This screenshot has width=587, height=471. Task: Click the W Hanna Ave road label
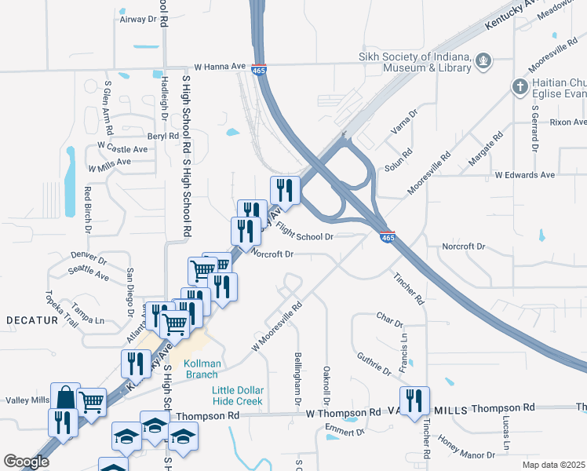(213, 67)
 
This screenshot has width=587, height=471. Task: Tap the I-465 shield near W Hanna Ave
(259, 70)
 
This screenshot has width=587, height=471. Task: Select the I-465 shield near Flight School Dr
(387, 235)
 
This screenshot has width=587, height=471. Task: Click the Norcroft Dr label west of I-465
(272, 254)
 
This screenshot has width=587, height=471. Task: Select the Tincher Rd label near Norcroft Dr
(409, 289)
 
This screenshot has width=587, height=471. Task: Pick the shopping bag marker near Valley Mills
(65, 396)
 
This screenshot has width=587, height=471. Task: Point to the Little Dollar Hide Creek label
(238, 396)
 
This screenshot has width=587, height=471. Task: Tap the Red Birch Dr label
(88, 210)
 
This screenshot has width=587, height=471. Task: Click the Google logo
(26, 462)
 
